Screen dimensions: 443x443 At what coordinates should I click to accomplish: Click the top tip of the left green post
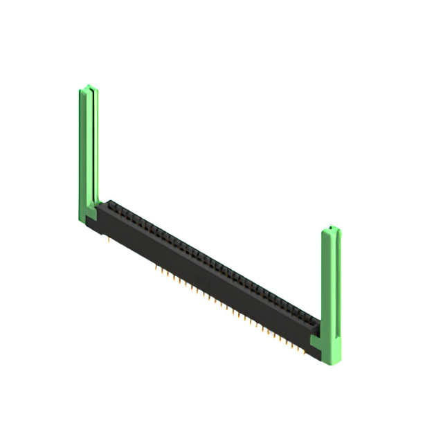(x=87, y=87)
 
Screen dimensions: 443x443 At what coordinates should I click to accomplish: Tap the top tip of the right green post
(x=333, y=228)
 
